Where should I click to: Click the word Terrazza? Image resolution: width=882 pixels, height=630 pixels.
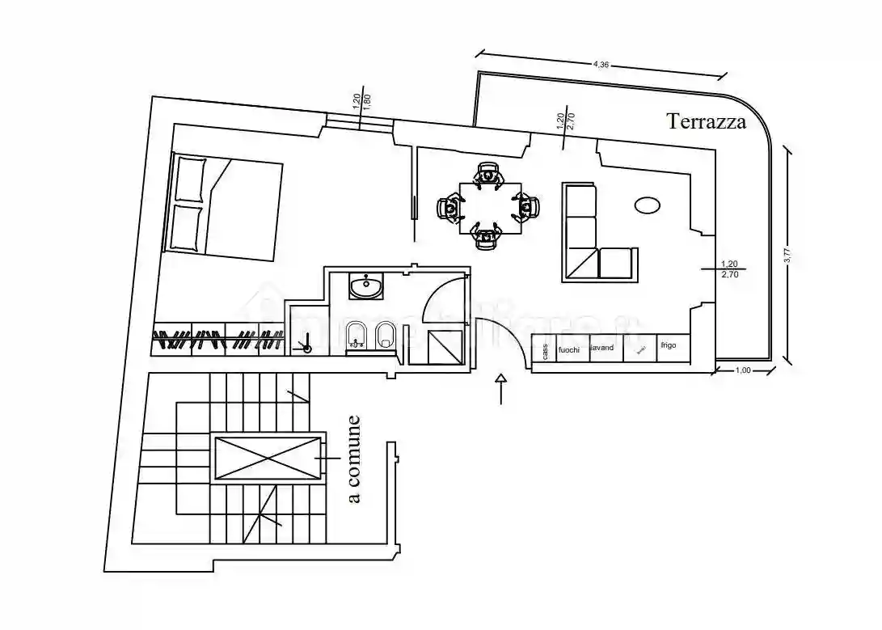click(x=706, y=121)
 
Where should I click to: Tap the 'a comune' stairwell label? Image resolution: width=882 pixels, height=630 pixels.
click(x=353, y=459)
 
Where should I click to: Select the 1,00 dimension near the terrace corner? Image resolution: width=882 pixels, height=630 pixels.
click(x=742, y=370)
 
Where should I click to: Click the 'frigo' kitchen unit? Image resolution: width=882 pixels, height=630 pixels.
click(x=668, y=346)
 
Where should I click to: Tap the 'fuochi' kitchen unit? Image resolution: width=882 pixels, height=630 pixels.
click(x=570, y=349)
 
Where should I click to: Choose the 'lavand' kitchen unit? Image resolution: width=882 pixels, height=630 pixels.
click(x=603, y=348)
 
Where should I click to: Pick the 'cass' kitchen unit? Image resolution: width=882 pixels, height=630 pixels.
click(x=545, y=350)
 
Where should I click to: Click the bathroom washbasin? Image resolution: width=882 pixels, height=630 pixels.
click(x=368, y=285)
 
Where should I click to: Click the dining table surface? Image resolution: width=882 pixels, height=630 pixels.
click(x=487, y=208)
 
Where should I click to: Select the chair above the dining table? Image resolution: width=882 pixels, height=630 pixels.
click(x=487, y=174)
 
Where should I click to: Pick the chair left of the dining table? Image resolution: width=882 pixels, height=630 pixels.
click(x=449, y=208)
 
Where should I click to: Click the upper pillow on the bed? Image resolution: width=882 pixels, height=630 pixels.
click(x=191, y=178)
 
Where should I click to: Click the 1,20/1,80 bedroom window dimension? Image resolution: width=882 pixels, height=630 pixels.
click(x=361, y=102)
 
